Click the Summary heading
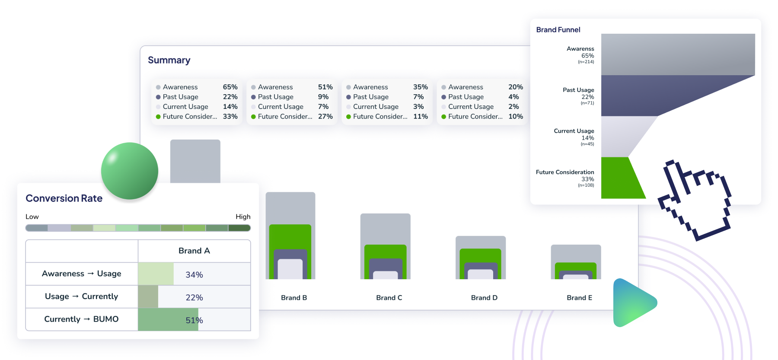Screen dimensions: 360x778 (x=169, y=60)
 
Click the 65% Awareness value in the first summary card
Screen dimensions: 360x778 (x=230, y=87)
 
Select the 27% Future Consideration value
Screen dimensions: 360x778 (x=325, y=116)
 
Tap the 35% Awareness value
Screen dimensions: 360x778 (x=420, y=87)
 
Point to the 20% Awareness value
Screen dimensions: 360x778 (x=515, y=87)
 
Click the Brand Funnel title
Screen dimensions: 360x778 (x=558, y=30)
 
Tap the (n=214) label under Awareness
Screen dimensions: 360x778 (x=586, y=62)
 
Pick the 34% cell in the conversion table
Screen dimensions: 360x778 (x=194, y=274)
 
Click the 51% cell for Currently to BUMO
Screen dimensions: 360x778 (x=194, y=320)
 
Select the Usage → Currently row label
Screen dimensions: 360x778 (x=81, y=296)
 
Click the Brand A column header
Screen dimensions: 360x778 (x=194, y=251)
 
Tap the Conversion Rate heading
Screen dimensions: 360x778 (x=64, y=198)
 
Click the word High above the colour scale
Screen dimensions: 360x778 (x=243, y=217)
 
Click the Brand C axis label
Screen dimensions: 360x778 (x=389, y=298)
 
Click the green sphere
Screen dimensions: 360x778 (x=130, y=171)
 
